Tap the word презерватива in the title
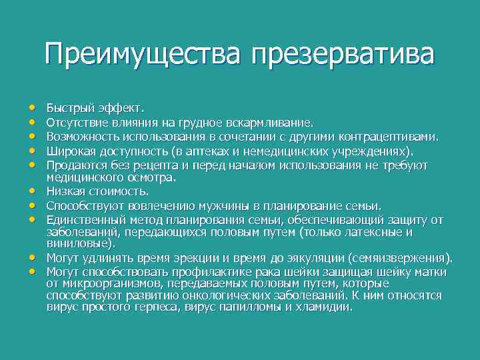tap(342, 54)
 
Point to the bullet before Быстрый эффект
tap(32, 107)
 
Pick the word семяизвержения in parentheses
tap(401, 258)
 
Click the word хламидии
tap(327, 307)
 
